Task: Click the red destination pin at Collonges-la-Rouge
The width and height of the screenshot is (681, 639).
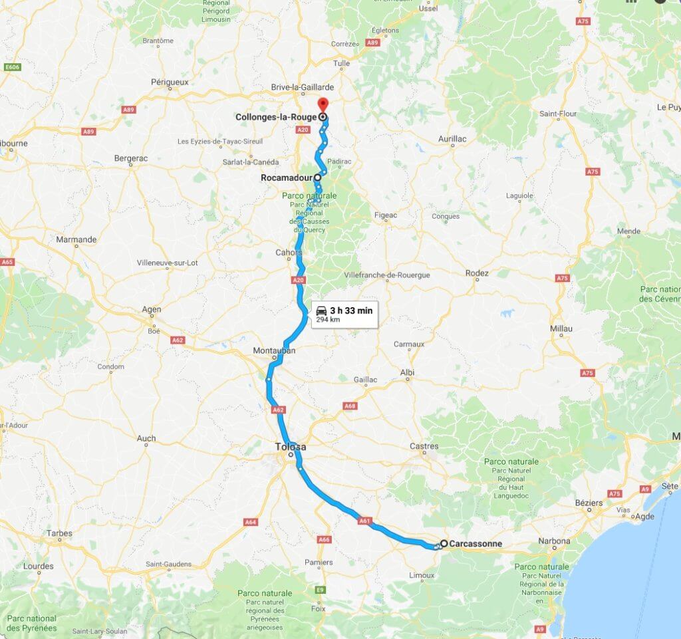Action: pos(323,105)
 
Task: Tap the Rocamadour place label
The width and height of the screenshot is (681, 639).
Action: pos(287,178)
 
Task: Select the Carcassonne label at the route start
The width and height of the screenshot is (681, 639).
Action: pos(476,543)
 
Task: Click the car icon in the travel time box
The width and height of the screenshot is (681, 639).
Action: pos(321,311)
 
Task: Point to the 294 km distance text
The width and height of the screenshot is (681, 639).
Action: pos(327,319)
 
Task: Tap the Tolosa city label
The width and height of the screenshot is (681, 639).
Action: pos(291,447)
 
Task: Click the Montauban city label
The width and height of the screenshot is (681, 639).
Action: pos(274,351)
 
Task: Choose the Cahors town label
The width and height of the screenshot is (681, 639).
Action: pos(289,253)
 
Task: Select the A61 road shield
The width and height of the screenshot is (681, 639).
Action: pos(364,521)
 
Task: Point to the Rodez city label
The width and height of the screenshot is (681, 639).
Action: pos(477,273)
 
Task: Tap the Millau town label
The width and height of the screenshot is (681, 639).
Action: pos(561,328)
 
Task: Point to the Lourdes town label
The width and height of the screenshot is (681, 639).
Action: pos(38,567)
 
